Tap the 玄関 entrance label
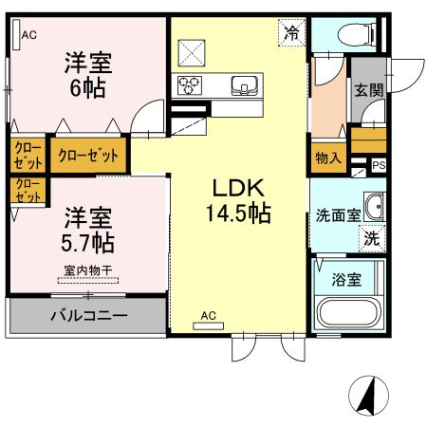[368, 91]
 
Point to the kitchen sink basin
[246, 86]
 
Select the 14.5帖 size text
[237, 213]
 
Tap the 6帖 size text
[87, 87]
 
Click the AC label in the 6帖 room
[28, 35]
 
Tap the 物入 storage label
[327, 158]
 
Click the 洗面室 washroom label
[337, 214]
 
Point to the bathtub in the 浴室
[348, 312]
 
